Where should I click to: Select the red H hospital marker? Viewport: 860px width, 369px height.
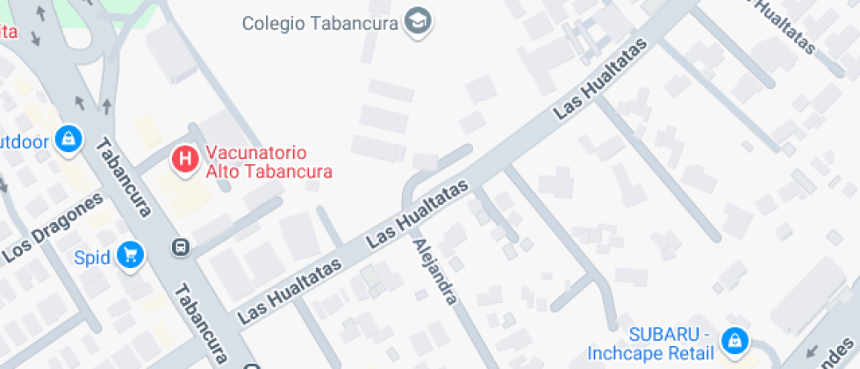(185, 159)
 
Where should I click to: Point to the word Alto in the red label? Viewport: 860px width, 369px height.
(222, 170)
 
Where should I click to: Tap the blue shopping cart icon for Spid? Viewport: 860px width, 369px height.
(131, 256)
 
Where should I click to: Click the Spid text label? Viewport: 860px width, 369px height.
(91, 257)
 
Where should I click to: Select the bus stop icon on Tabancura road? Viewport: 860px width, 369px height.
(181, 247)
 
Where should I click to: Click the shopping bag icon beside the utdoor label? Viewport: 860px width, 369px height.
(68, 138)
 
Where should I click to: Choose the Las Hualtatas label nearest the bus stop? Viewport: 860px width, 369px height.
(290, 287)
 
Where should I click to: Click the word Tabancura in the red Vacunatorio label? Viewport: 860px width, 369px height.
(290, 170)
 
